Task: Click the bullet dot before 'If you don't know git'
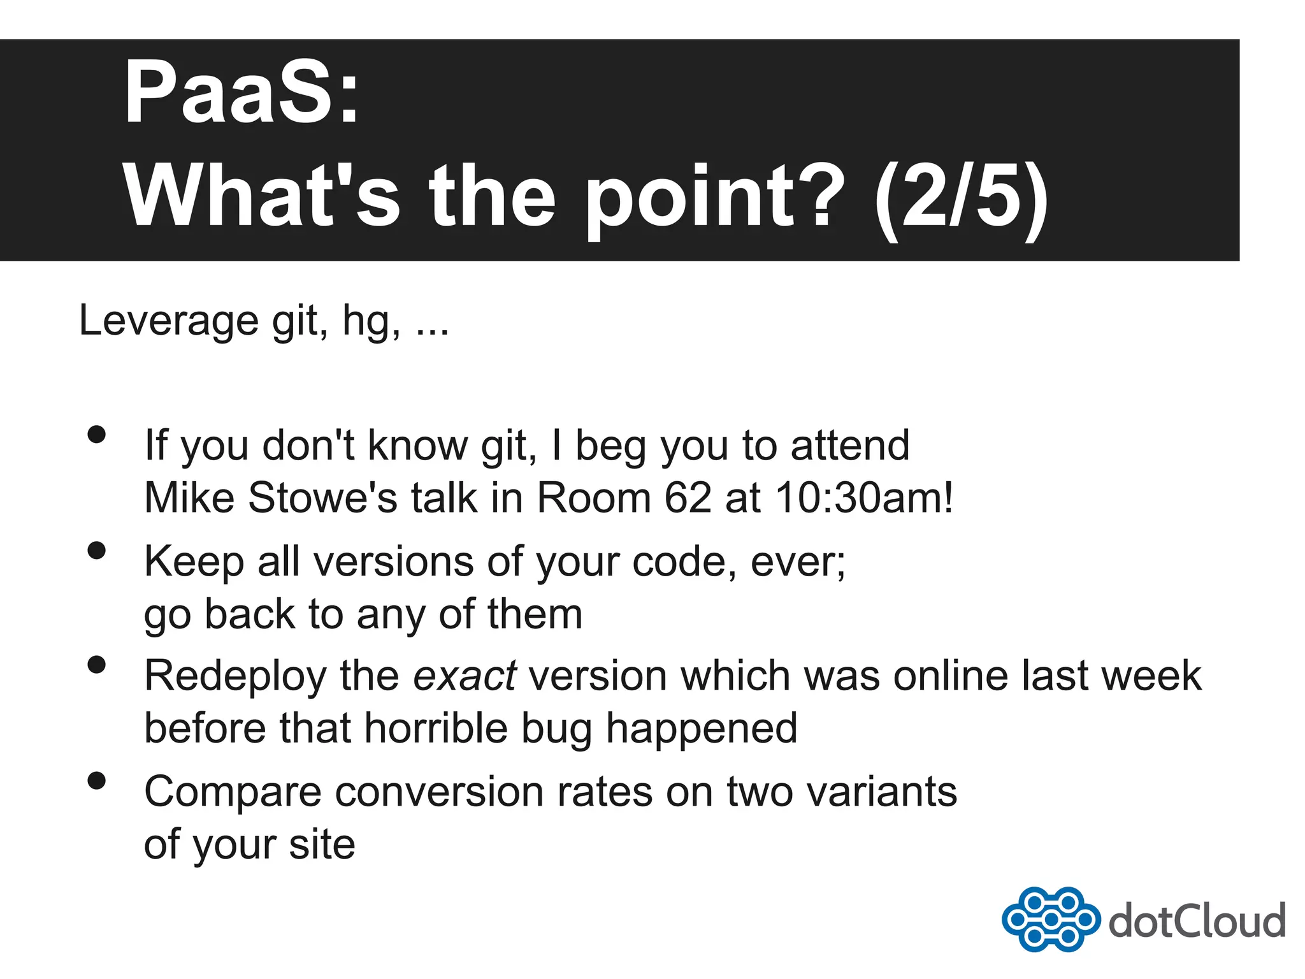97,435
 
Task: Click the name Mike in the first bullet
189,497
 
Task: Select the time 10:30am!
864,497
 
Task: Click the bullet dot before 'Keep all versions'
97,550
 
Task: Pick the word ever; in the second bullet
798,562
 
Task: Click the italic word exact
465,676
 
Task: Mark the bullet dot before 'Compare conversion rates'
97,780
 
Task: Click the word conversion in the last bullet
439,792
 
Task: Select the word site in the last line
322,845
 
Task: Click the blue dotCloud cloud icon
1051,919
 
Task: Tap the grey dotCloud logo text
1197,921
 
